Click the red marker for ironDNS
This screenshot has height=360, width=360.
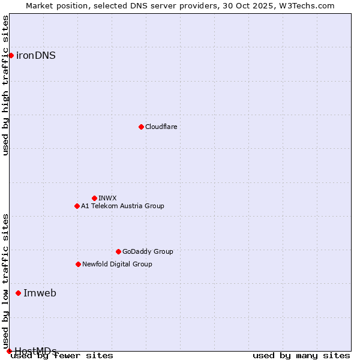(x=11, y=55)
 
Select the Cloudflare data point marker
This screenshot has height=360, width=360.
(x=141, y=127)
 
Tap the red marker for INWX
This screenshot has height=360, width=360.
(x=94, y=198)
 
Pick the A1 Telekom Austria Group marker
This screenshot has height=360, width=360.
(x=77, y=206)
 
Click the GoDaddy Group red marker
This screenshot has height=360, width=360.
(x=118, y=251)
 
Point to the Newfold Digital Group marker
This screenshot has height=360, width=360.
(x=78, y=264)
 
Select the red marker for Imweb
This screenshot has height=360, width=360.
(x=18, y=293)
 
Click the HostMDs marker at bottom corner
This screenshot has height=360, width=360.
(x=9, y=351)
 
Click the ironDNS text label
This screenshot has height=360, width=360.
(x=36, y=55)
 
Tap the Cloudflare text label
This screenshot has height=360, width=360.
(x=161, y=127)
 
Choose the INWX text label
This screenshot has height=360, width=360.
(x=107, y=198)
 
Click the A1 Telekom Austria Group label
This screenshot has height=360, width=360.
(x=122, y=206)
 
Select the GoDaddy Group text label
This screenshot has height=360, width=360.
(x=148, y=251)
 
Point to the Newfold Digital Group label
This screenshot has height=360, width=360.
(x=117, y=264)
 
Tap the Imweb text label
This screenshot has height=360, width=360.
(x=40, y=293)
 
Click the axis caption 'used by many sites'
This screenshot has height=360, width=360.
(x=301, y=355)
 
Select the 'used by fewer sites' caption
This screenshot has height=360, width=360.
(x=62, y=355)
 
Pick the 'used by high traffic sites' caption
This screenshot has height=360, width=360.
(x=6, y=85)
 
